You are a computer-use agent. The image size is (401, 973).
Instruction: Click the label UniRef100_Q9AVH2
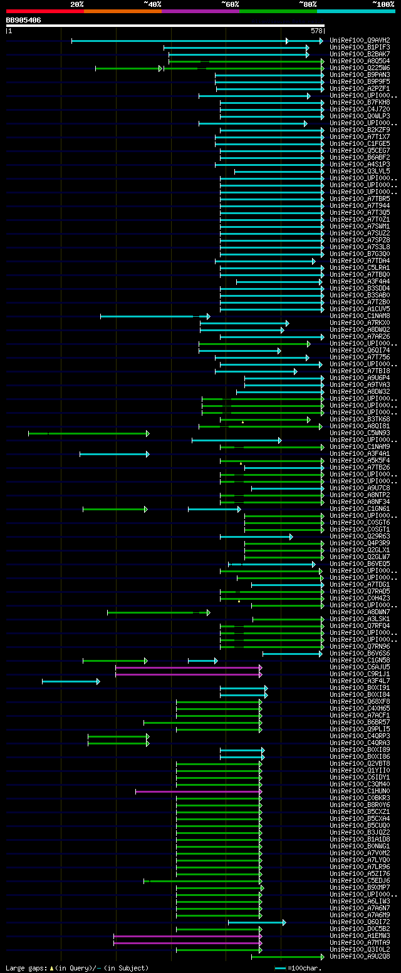coord(360,40)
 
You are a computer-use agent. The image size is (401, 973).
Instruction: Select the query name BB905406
coord(23,20)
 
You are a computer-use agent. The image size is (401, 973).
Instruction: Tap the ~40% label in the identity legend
coord(152,4)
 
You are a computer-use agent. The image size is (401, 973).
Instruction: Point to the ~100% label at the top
coord(383,4)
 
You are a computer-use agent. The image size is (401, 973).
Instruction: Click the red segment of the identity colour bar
coord(44,11)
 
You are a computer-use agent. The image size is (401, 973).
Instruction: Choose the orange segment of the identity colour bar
coord(122,11)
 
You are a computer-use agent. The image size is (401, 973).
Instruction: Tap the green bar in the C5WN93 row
coord(88,433)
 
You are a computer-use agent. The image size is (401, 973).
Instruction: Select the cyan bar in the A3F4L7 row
coord(70,681)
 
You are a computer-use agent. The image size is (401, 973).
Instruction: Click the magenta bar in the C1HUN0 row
coord(198,791)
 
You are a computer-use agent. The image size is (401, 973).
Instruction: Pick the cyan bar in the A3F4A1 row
coord(114,454)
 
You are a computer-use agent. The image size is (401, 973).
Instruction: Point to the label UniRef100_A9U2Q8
coord(360,957)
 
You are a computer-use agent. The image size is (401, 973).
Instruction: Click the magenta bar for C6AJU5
coord(188,667)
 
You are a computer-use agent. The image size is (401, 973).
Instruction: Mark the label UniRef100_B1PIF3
coord(360,47)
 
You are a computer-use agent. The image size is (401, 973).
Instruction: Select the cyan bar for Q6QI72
coord(256,922)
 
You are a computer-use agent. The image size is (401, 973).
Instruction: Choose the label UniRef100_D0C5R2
coord(360,929)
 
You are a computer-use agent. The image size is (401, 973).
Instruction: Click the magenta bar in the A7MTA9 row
coord(187,943)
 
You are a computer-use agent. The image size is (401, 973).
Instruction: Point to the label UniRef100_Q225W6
coord(360,68)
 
